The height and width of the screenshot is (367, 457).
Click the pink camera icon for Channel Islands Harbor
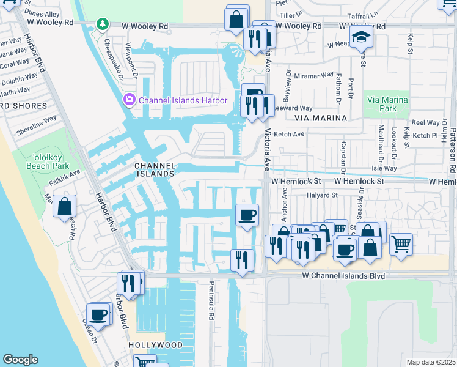(129, 100)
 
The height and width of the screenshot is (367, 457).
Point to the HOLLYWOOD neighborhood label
(156, 345)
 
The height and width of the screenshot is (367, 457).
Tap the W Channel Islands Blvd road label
(344, 276)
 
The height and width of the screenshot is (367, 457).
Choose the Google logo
(20, 360)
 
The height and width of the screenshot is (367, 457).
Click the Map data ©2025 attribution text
(431, 362)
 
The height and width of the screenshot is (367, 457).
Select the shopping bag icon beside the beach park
(65, 207)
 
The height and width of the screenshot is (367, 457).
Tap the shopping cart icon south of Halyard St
(401, 243)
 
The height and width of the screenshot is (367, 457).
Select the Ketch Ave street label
(289, 134)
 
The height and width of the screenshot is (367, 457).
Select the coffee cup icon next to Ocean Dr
(98, 314)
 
